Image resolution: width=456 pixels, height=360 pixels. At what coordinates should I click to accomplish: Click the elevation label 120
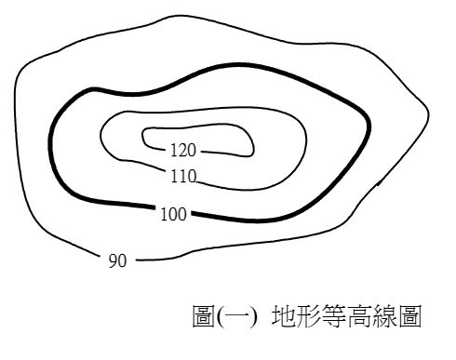pyautogui.click(x=183, y=151)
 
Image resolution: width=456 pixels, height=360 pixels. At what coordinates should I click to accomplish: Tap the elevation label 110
pyautogui.click(x=183, y=176)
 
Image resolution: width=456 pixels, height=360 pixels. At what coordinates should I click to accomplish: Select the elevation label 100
pyautogui.click(x=174, y=214)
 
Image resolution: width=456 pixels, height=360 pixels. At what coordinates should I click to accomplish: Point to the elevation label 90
pyautogui.click(x=117, y=260)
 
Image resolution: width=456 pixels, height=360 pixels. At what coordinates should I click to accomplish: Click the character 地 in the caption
pyautogui.click(x=284, y=315)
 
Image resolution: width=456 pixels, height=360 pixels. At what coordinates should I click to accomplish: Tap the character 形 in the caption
pyautogui.click(x=308, y=315)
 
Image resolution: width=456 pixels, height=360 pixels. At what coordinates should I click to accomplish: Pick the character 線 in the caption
pyautogui.click(x=384, y=315)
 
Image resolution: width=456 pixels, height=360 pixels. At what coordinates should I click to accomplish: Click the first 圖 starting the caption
pyautogui.click(x=204, y=315)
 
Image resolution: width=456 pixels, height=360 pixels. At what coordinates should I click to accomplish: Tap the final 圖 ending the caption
pyautogui.click(x=409, y=315)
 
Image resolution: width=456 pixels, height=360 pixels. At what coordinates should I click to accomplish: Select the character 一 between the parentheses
pyautogui.click(x=236, y=316)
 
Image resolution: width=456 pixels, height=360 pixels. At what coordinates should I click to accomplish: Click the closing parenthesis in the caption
pyautogui.click(x=253, y=316)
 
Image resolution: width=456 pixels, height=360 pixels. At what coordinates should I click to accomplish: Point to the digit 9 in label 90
pyautogui.click(x=113, y=260)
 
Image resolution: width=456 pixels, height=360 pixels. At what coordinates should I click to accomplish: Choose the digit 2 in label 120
pyautogui.click(x=183, y=151)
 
